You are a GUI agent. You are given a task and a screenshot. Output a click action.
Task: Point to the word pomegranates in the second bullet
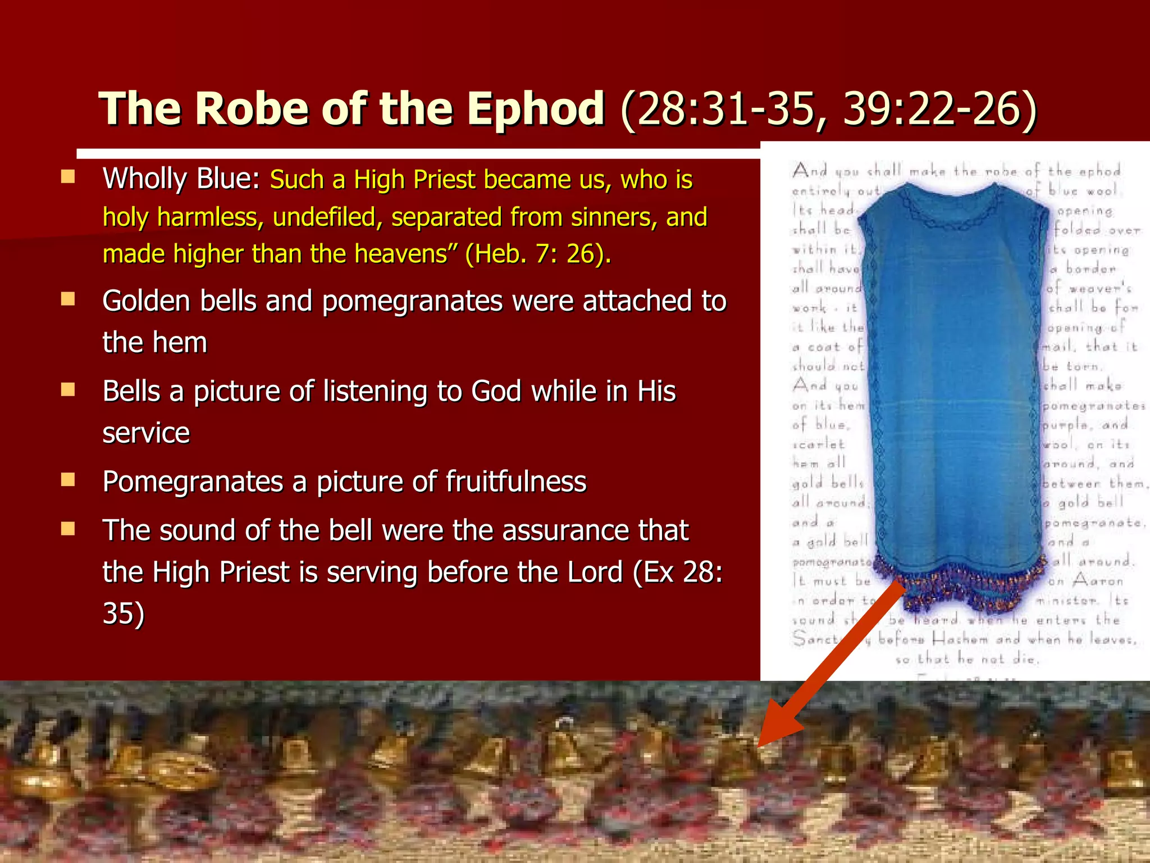pos(412,301)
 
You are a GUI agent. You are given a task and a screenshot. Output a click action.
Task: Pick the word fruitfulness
pos(516,482)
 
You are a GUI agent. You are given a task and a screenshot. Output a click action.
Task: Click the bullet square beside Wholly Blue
pos(68,178)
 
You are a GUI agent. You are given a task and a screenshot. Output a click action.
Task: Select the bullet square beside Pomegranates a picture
pos(68,480)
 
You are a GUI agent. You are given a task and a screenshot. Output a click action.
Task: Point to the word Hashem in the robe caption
pos(961,639)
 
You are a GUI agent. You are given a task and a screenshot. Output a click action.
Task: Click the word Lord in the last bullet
pos(595,572)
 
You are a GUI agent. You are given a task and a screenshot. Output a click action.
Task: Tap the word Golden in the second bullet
pos(147,301)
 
